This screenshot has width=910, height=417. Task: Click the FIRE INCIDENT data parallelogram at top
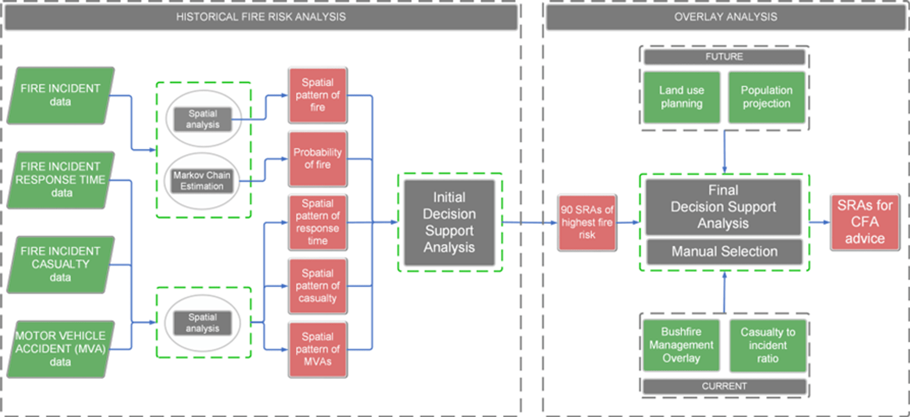pos(60,95)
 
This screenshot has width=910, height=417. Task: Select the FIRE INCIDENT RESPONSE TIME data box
pos(60,179)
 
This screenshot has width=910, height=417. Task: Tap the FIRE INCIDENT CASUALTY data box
pos(60,264)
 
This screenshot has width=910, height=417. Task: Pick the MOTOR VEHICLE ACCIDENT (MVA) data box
pos(60,349)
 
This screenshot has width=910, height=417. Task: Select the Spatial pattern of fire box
pos(318,95)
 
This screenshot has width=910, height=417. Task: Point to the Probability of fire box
pos(318,159)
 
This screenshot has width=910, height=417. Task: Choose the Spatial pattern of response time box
pos(318,222)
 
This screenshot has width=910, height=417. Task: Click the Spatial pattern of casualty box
pos(318,286)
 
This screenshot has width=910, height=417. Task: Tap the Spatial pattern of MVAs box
pos(318,349)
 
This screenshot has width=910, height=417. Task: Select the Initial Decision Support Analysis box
pos(449,222)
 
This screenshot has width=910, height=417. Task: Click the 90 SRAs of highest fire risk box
pos(587,222)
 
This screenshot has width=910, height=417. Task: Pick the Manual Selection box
pos(723,252)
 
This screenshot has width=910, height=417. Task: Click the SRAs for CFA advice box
pos(864,222)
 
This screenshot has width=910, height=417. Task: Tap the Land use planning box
pos(681,97)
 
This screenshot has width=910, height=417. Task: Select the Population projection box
pos(766,97)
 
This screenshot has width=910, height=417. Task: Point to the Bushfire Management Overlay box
pos(681,345)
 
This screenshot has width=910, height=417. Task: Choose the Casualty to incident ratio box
pos(767,345)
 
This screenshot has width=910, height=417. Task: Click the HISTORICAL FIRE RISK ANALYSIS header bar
pos(261,17)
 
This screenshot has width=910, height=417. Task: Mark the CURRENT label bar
pos(724,386)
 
